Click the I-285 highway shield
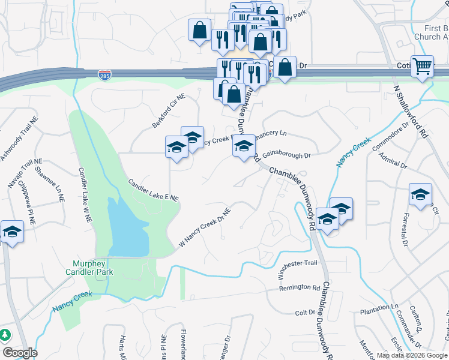pyautogui.click(x=104, y=75)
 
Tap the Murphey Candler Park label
pyautogui.click(x=92, y=268)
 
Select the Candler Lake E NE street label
pyautogui.click(x=153, y=189)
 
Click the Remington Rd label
pyautogui.click(x=300, y=288)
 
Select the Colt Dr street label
pyautogui.click(x=305, y=313)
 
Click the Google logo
pyautogui.click(x=20, y=353)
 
